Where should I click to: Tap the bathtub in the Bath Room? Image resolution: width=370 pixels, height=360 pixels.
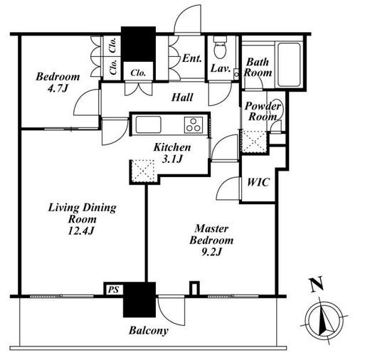tap(289, 65)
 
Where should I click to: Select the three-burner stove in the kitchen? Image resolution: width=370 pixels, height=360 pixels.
tap(194, 125)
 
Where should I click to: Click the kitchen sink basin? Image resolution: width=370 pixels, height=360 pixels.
tap(149, 125)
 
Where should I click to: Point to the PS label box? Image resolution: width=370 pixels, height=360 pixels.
tap(113, 290)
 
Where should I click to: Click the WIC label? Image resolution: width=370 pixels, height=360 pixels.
tap(258, 182)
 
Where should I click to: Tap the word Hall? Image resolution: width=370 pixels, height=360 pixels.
tap(182, 97)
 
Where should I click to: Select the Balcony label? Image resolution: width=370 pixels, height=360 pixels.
tap(149, 331)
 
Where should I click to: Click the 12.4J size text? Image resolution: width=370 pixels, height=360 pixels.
tap(81, 231)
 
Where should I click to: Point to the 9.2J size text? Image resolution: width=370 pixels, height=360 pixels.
tap(211, 252)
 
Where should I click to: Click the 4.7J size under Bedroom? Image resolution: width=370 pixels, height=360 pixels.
tap(58, 88)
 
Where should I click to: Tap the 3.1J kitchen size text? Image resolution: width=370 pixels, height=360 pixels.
tap(172, 159)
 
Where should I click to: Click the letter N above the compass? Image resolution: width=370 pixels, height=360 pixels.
tap(317, 284)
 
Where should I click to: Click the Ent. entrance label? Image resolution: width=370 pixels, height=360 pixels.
tap(192, 58)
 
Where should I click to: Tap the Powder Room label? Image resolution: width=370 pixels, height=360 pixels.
tap(263, 111)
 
